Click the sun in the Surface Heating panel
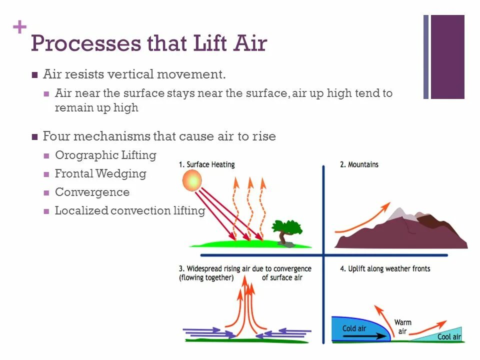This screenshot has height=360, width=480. tap(192, 180)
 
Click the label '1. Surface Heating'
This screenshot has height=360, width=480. tap(206, 164)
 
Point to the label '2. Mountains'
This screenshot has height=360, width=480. tap(359, 164)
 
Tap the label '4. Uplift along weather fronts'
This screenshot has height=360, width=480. tap(385, 269)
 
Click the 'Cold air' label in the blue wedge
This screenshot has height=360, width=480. tap(354, 328)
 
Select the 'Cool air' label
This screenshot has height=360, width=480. tap(449, 336)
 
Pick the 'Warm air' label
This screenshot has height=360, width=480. tap(403, 327)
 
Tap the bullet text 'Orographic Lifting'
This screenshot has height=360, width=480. tap(105, 155)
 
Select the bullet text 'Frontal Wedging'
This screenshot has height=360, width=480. tap(100, 173)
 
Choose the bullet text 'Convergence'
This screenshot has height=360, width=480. tap(92, 192)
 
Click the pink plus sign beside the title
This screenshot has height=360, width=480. tap(19, 27)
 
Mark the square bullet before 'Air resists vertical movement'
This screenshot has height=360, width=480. tap(34, 75)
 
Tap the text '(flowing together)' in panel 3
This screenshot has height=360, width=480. tap(206, 278)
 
